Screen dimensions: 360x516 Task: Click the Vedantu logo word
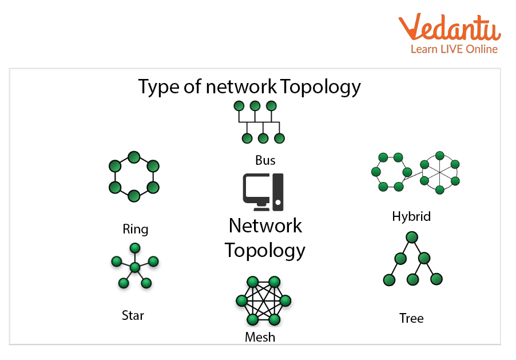pyautogui.click(x=449, y=28)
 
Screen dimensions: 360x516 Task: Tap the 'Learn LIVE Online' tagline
pyautogui.click(x=454, y=49)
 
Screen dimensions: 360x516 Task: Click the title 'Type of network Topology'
pyautogui.click(x=249, y=86)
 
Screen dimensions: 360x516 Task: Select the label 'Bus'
pyautogui.click(x=265, y=160)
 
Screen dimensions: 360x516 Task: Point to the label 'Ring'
pyautogui.click(x=135, y=230)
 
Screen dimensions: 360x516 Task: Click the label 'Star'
pyautogui.click(x=133, y=315)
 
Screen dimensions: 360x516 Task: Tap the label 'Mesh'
pyautogui.click(x=260, y=337)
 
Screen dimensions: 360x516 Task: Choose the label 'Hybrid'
pyautogui.click(x=411, y=216)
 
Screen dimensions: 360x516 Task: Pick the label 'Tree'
pyautogui.click(x=411, y=318)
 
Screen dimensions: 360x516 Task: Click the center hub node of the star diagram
pyautogui.click(x=135, y=267)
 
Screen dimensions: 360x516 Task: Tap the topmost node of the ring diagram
pyautogui.click(x=134, y=157)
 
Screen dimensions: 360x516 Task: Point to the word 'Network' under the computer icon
pyautogui.click(x=265, y=226)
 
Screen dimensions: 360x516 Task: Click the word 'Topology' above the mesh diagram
pyautogui.click(x=265, y=250)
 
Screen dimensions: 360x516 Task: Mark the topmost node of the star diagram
pyautogui.click(x=135, y=248)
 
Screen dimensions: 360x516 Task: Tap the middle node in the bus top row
pyautogui.click(x=255, y=106)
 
